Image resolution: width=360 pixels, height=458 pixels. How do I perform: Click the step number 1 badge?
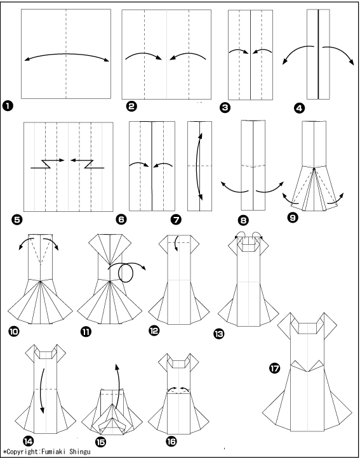click(x=8, y=105)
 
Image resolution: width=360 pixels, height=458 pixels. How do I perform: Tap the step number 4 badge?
click(x=299, y=108)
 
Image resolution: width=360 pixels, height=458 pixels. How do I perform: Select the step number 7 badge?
click(x=176, y=219)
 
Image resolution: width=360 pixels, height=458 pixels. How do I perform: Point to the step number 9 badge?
click(x=293, y=218)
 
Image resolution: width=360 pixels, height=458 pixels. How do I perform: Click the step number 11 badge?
click(x=86, y=332)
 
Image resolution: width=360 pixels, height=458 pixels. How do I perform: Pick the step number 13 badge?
click(x=219, y=334)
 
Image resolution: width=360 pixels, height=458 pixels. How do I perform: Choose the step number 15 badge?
click(x=100, y=442)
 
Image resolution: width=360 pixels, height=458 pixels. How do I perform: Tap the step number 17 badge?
click(x=275, y=369)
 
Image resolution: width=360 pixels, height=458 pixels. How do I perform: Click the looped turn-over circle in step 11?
click(x=126, y=273)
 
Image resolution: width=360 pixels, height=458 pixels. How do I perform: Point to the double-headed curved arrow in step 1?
click(x=67, y=54)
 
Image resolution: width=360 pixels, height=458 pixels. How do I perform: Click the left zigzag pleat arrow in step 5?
click(x=47, y=164)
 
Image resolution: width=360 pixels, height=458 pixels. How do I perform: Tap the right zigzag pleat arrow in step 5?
click(x=87, y=164)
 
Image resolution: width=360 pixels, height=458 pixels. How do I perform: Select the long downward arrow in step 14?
click(x=43, y=391)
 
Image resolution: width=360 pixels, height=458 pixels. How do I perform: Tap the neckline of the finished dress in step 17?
click(x=307, y=328)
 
